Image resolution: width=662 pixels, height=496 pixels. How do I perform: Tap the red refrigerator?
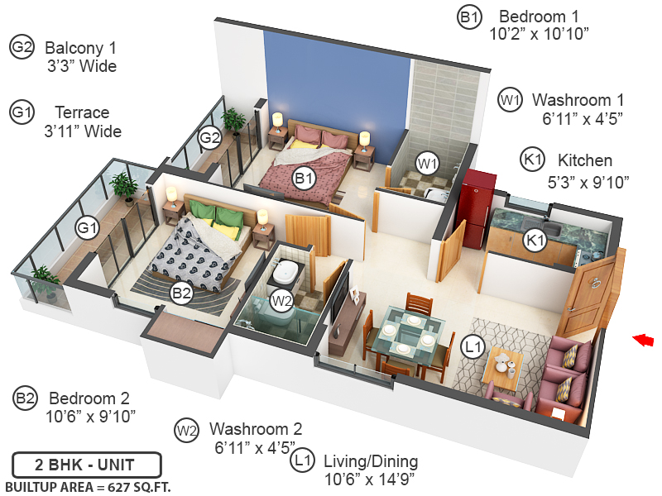pos(477,207)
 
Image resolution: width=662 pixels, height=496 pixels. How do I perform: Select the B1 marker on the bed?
pos(304,177)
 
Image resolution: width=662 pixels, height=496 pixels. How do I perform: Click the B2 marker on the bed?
pos(181,291)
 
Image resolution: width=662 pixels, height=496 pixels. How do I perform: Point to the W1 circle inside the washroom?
pos(426,163)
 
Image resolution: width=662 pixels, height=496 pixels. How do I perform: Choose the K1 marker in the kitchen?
pos(536,240)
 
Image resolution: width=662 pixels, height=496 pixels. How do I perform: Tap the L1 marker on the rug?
pos(473,348)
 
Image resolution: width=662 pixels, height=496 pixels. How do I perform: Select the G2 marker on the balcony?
pos(209,137)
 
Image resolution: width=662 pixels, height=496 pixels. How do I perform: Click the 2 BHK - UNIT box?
pos(86,465)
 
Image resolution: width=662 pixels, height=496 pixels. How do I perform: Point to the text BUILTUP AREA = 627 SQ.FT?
pos(88,486)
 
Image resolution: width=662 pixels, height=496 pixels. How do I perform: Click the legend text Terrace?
pos(82,112)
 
